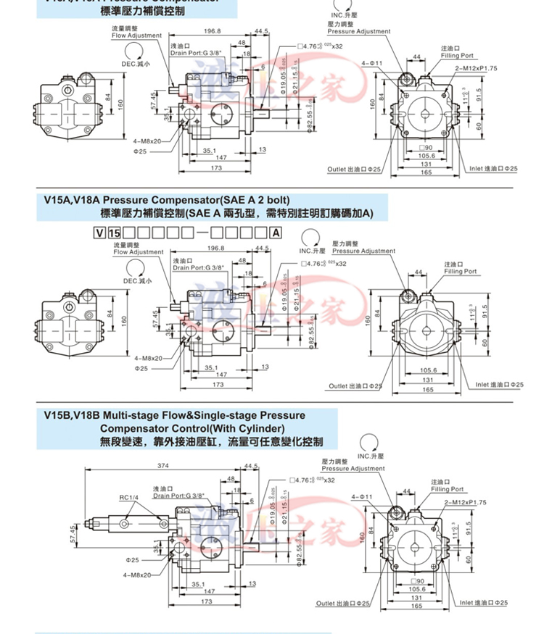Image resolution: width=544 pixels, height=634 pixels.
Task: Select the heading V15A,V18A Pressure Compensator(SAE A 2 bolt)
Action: pos(167,199)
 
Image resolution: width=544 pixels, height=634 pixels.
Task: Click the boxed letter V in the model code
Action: pos(99,233)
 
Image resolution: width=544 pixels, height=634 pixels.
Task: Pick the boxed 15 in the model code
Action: pos(114,233)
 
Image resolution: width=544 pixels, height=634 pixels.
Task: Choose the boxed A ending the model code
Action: pos(276,233)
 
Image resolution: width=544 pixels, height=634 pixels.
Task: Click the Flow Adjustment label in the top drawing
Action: pos(136,35)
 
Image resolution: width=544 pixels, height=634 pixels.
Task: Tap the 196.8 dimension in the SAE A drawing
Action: pos(215,249)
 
